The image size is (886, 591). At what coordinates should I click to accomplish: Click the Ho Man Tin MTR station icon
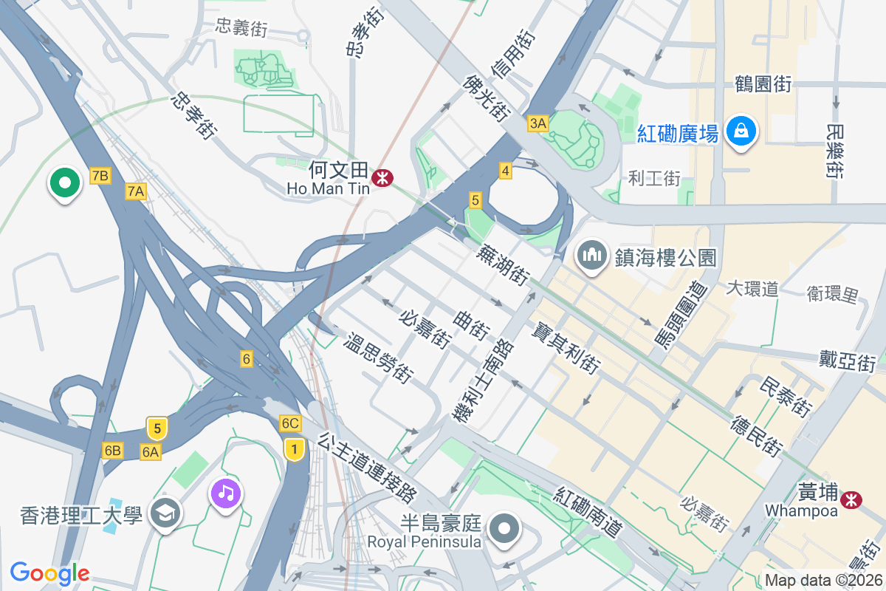(x=382, y=177)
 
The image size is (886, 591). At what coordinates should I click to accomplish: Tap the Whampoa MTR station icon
(x=852, y=499)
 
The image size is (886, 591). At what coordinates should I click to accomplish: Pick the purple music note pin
(x=225, y=492)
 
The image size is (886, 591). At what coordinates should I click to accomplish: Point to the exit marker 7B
(x=100, y=176)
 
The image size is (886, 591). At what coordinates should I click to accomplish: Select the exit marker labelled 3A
(x=538, y=124)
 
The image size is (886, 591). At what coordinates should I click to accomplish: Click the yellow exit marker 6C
(x=290, y=423)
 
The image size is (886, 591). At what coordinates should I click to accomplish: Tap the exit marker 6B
(x=112, y=451)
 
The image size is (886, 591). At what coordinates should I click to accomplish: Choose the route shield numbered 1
(x=295, y=448)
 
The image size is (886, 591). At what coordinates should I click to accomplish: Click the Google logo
(x=49, y=573)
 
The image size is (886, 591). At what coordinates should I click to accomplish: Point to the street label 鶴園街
(x=763, y=84)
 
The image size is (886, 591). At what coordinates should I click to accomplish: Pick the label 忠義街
(x=241, y=29)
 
